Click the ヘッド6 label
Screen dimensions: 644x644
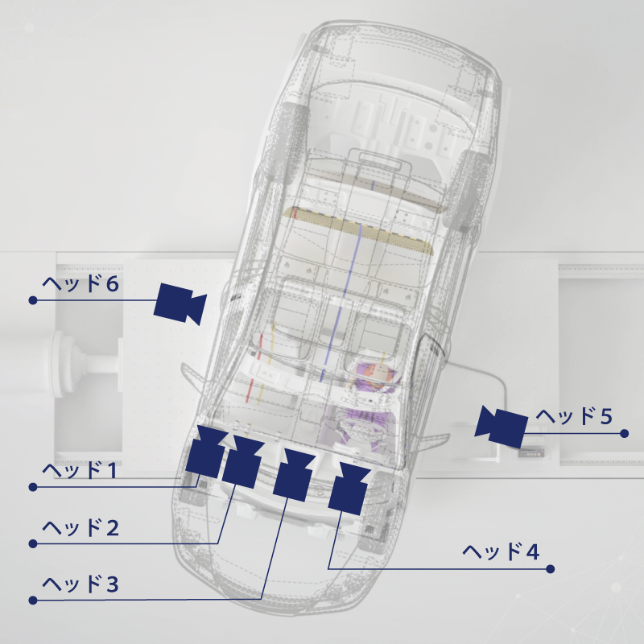80,284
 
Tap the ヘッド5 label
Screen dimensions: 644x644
574,416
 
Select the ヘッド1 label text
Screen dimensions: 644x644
80,470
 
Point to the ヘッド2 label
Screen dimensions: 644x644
80,528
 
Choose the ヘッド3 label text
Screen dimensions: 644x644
80,584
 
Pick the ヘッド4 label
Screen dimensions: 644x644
501,552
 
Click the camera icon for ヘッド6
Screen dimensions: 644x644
180,303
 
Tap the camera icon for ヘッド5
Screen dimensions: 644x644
501,427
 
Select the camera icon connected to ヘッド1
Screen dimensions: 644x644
206,452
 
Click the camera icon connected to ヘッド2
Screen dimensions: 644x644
243,461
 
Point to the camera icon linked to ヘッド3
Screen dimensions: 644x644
294,475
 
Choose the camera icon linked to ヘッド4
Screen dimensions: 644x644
349,489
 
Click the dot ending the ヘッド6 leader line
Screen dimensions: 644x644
33,300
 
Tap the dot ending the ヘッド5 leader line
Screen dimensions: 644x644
625,433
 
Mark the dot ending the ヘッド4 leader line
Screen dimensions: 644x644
551,569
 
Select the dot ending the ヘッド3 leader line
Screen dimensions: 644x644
33,601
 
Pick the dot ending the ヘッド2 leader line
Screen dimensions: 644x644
33,544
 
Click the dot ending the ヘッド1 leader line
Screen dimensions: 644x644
33,487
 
